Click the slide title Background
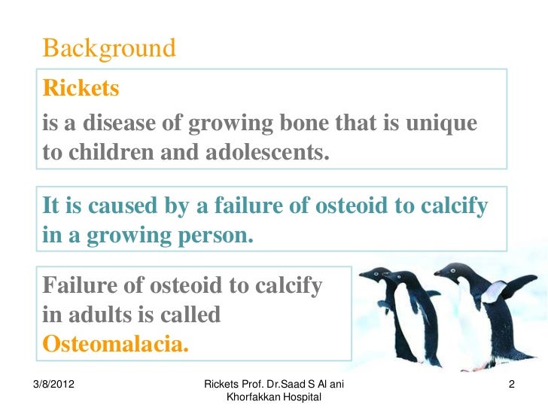click(x=109, y=49)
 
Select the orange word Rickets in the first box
click(x=81, y=89)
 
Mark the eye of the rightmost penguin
click(x=452, y=271)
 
